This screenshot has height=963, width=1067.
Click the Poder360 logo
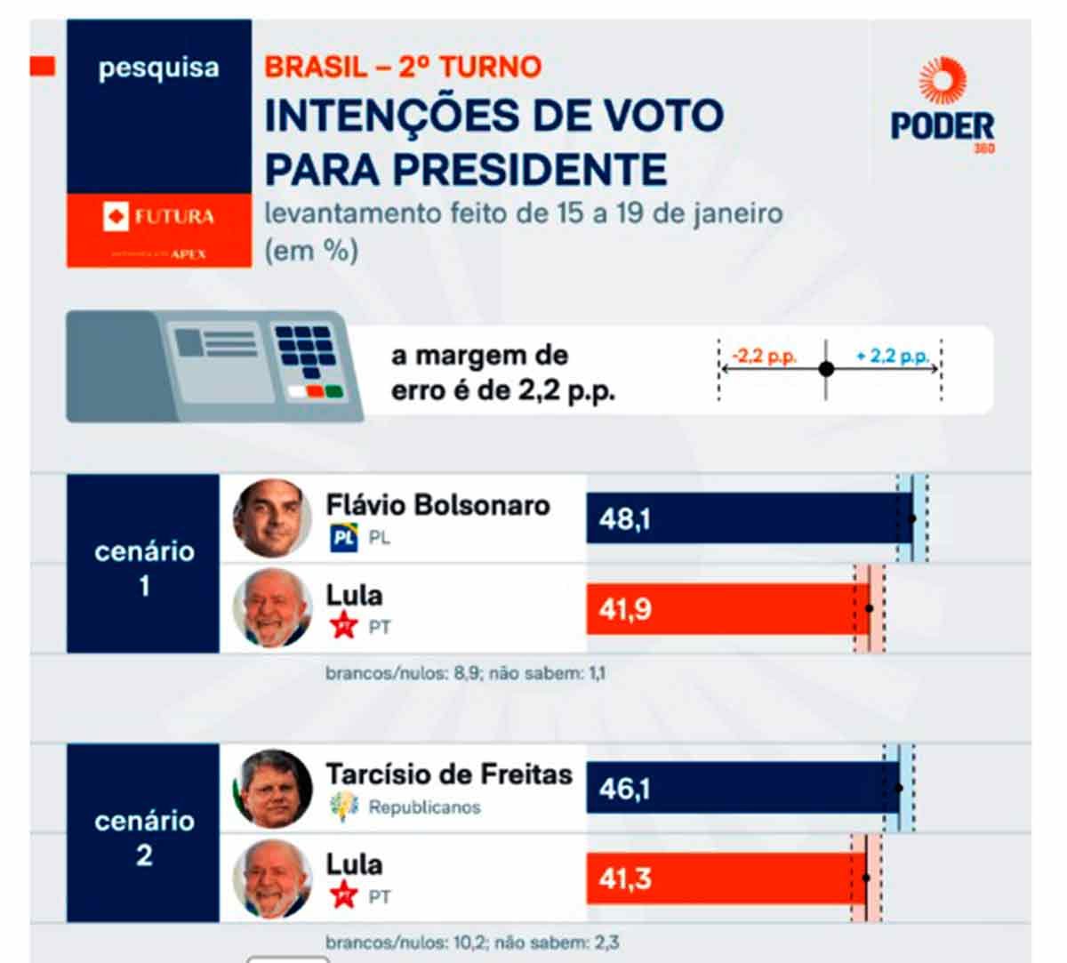click(x=943, y=105)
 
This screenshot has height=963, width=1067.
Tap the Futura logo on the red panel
click(x=159, y=216)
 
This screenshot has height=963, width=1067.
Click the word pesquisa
click(x=158, y=68)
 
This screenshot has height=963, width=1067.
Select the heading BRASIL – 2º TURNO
click(x=403, y=67)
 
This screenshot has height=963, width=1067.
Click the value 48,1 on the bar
click(x=624, y=518)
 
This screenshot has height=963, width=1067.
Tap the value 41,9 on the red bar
click(x=624, y=610)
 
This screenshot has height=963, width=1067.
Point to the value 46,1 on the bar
click(x=624, y=788)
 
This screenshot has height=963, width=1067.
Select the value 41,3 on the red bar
click(x=624, y=879)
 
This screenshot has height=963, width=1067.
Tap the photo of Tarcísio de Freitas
click(x=272, y=789)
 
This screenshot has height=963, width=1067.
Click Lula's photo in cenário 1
click(x=272, y=609)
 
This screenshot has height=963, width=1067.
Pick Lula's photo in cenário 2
click(x=272, y=879)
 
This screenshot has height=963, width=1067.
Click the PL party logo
click(x=343, y=538)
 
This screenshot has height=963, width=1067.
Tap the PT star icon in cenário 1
click(x=343, y=627)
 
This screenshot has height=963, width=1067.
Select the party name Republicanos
click(x=424, y=807)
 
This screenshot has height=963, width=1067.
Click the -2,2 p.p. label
click(x=764, y=357)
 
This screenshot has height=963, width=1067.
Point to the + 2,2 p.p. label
click(x=892, y=357)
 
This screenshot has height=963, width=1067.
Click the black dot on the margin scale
click(x=826, y=368)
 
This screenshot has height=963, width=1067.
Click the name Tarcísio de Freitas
click(x=448, y=774)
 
